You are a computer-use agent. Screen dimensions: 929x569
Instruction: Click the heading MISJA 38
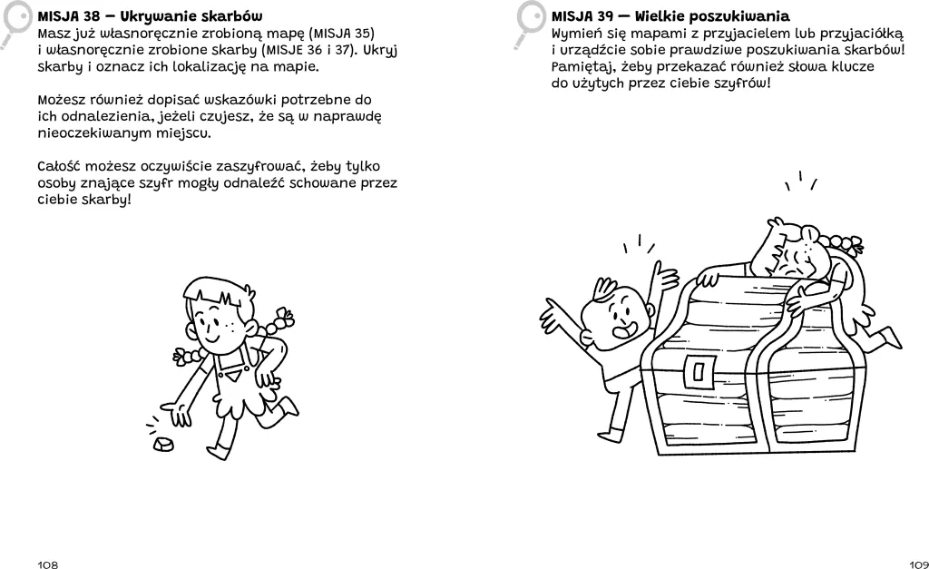(x=150, y=16)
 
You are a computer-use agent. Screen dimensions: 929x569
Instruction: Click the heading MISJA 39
(x=670, y=16)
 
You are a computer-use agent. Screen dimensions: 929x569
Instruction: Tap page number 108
(x=48, y=564)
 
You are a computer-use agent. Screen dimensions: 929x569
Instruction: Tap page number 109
(x=918, y=564)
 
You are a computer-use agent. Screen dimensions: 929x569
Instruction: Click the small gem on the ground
(x=163, y=444)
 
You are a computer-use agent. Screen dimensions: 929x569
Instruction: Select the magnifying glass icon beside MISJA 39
(x=529, y=24)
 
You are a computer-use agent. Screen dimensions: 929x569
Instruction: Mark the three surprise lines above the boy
(x=640, y=243)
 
